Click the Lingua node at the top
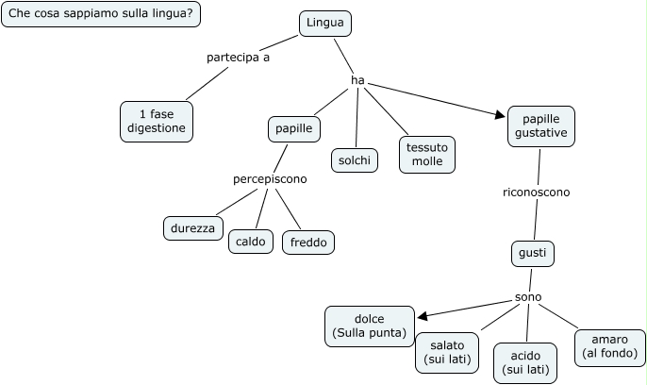(325, 24)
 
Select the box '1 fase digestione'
(157, 121)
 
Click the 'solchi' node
(354, 160)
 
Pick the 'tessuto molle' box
(426, 155)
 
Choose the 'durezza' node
(192, 227)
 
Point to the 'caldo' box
(250, 242)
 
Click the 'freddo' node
(308, 243)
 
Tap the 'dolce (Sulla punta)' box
(369, 326)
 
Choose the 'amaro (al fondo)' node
(609, 346)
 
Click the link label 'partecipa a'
(238, 58)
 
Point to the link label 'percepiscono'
(270, 178)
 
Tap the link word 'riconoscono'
(536, 192)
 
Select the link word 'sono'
(528, 297)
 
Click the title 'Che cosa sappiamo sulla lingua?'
(101, 14)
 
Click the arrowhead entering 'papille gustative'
(501, 116)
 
